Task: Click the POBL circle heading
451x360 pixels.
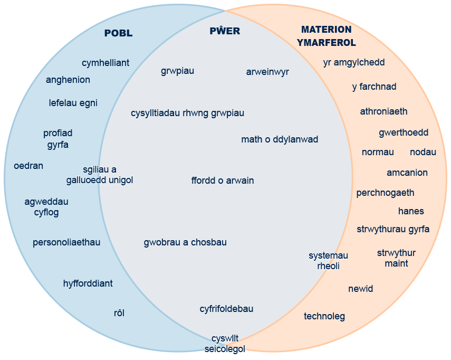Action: (118, 33)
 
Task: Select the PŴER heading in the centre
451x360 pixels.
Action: (225, 31)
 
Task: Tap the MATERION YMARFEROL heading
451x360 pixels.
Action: (326, 36)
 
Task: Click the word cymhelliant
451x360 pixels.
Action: (105, 63)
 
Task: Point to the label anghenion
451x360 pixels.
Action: (68, 80)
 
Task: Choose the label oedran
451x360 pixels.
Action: (28, 166)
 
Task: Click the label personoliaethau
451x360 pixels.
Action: (66, 242)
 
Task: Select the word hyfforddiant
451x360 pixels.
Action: (88, 283)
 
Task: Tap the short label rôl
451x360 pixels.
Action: (119, 313)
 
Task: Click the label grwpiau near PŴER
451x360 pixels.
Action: (177, 71)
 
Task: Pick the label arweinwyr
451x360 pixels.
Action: (267, 72)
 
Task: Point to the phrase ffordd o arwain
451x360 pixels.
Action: (223, 181)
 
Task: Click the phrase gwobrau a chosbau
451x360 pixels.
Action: (185, 242)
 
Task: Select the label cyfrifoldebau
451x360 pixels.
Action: (226, 309)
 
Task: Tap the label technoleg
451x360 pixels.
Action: (324, 316)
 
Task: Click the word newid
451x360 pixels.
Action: (360, 289)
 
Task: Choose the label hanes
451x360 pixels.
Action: (411, 211)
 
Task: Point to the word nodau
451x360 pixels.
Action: (423, 152)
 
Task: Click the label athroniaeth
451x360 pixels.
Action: (383, 111)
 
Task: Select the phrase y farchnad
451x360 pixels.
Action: (374, 87)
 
